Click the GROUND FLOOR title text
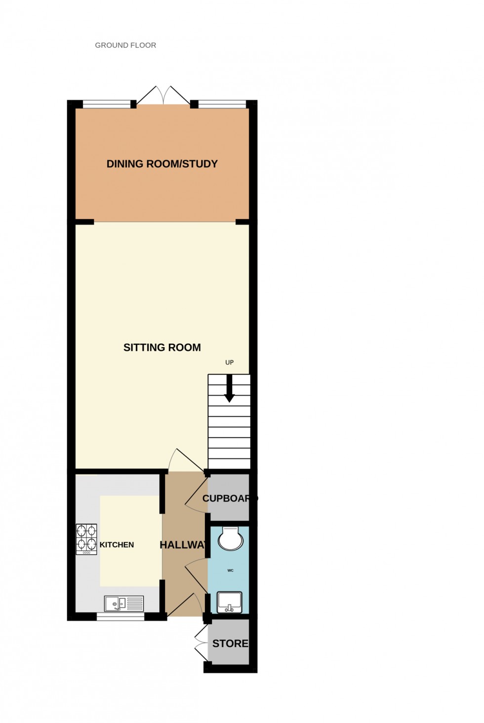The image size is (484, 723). pyautogui.click(x=125, y=45)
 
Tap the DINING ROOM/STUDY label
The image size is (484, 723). pyautogui.click(x=162, y=164)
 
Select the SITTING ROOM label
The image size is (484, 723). pyautogui.click(x=162, y=347)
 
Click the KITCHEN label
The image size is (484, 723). pyautogui.click(x=117, y=545)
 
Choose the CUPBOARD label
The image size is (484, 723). pyautogui.click(x=229, y=498)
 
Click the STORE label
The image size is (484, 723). pyautogui.click(x=230, y=643)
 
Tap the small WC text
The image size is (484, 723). pyautogui.click(x=230, y=570)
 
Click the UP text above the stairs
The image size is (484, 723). pyautogui.click(x=229, y=362)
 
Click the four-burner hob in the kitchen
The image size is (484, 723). pyautogui.click(x=86, y=539)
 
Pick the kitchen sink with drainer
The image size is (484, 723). pyautogui.click(x=124, y=603)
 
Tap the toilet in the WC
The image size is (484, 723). pyautogui.click(x=230, y=539)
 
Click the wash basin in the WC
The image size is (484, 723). pyautogui.click(x=229, y=602)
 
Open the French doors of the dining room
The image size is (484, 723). pyautogui.click(x=163, y=95)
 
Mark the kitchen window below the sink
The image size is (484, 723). pyautogui.click(x=121, y=616)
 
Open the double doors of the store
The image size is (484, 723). pyautogui.click(x=201, y=643)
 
